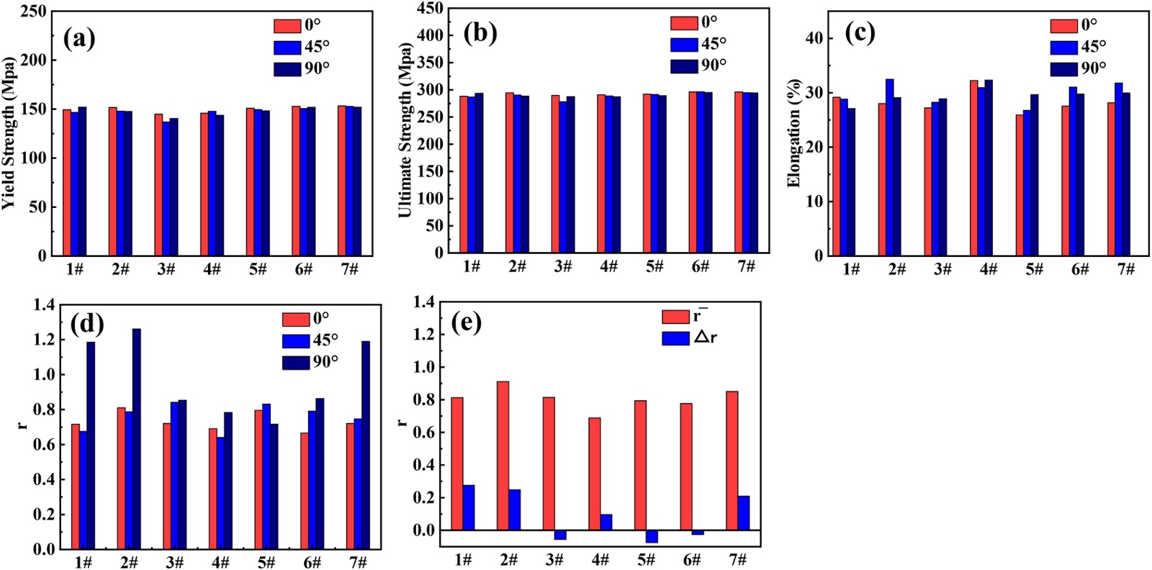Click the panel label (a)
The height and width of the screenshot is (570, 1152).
(x=79, y=38)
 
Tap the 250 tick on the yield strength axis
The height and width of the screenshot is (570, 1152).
(x=34, y=12)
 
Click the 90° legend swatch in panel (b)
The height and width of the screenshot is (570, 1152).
(x=684, y=65)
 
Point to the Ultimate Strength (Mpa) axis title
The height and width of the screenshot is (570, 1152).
(x=405, y=130)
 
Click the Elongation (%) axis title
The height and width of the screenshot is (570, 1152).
(x=794, y=133)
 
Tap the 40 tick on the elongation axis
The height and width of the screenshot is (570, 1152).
(x=814, y=38)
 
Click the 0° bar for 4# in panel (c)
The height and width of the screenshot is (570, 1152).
(x=973, y=168)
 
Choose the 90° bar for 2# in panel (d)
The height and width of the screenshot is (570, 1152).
(x=137, y=438)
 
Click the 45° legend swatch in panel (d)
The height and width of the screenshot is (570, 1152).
(x=295, y=341)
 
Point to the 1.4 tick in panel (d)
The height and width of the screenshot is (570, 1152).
(x=45, y=305)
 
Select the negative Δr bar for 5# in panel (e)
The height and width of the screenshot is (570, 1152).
(x=652, y=536)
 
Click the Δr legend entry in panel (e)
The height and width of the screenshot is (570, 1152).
(x=689, y=338)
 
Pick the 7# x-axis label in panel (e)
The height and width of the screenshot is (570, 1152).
(x=737, y=559)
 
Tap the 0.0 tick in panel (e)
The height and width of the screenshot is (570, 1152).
(x=425, y=530)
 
